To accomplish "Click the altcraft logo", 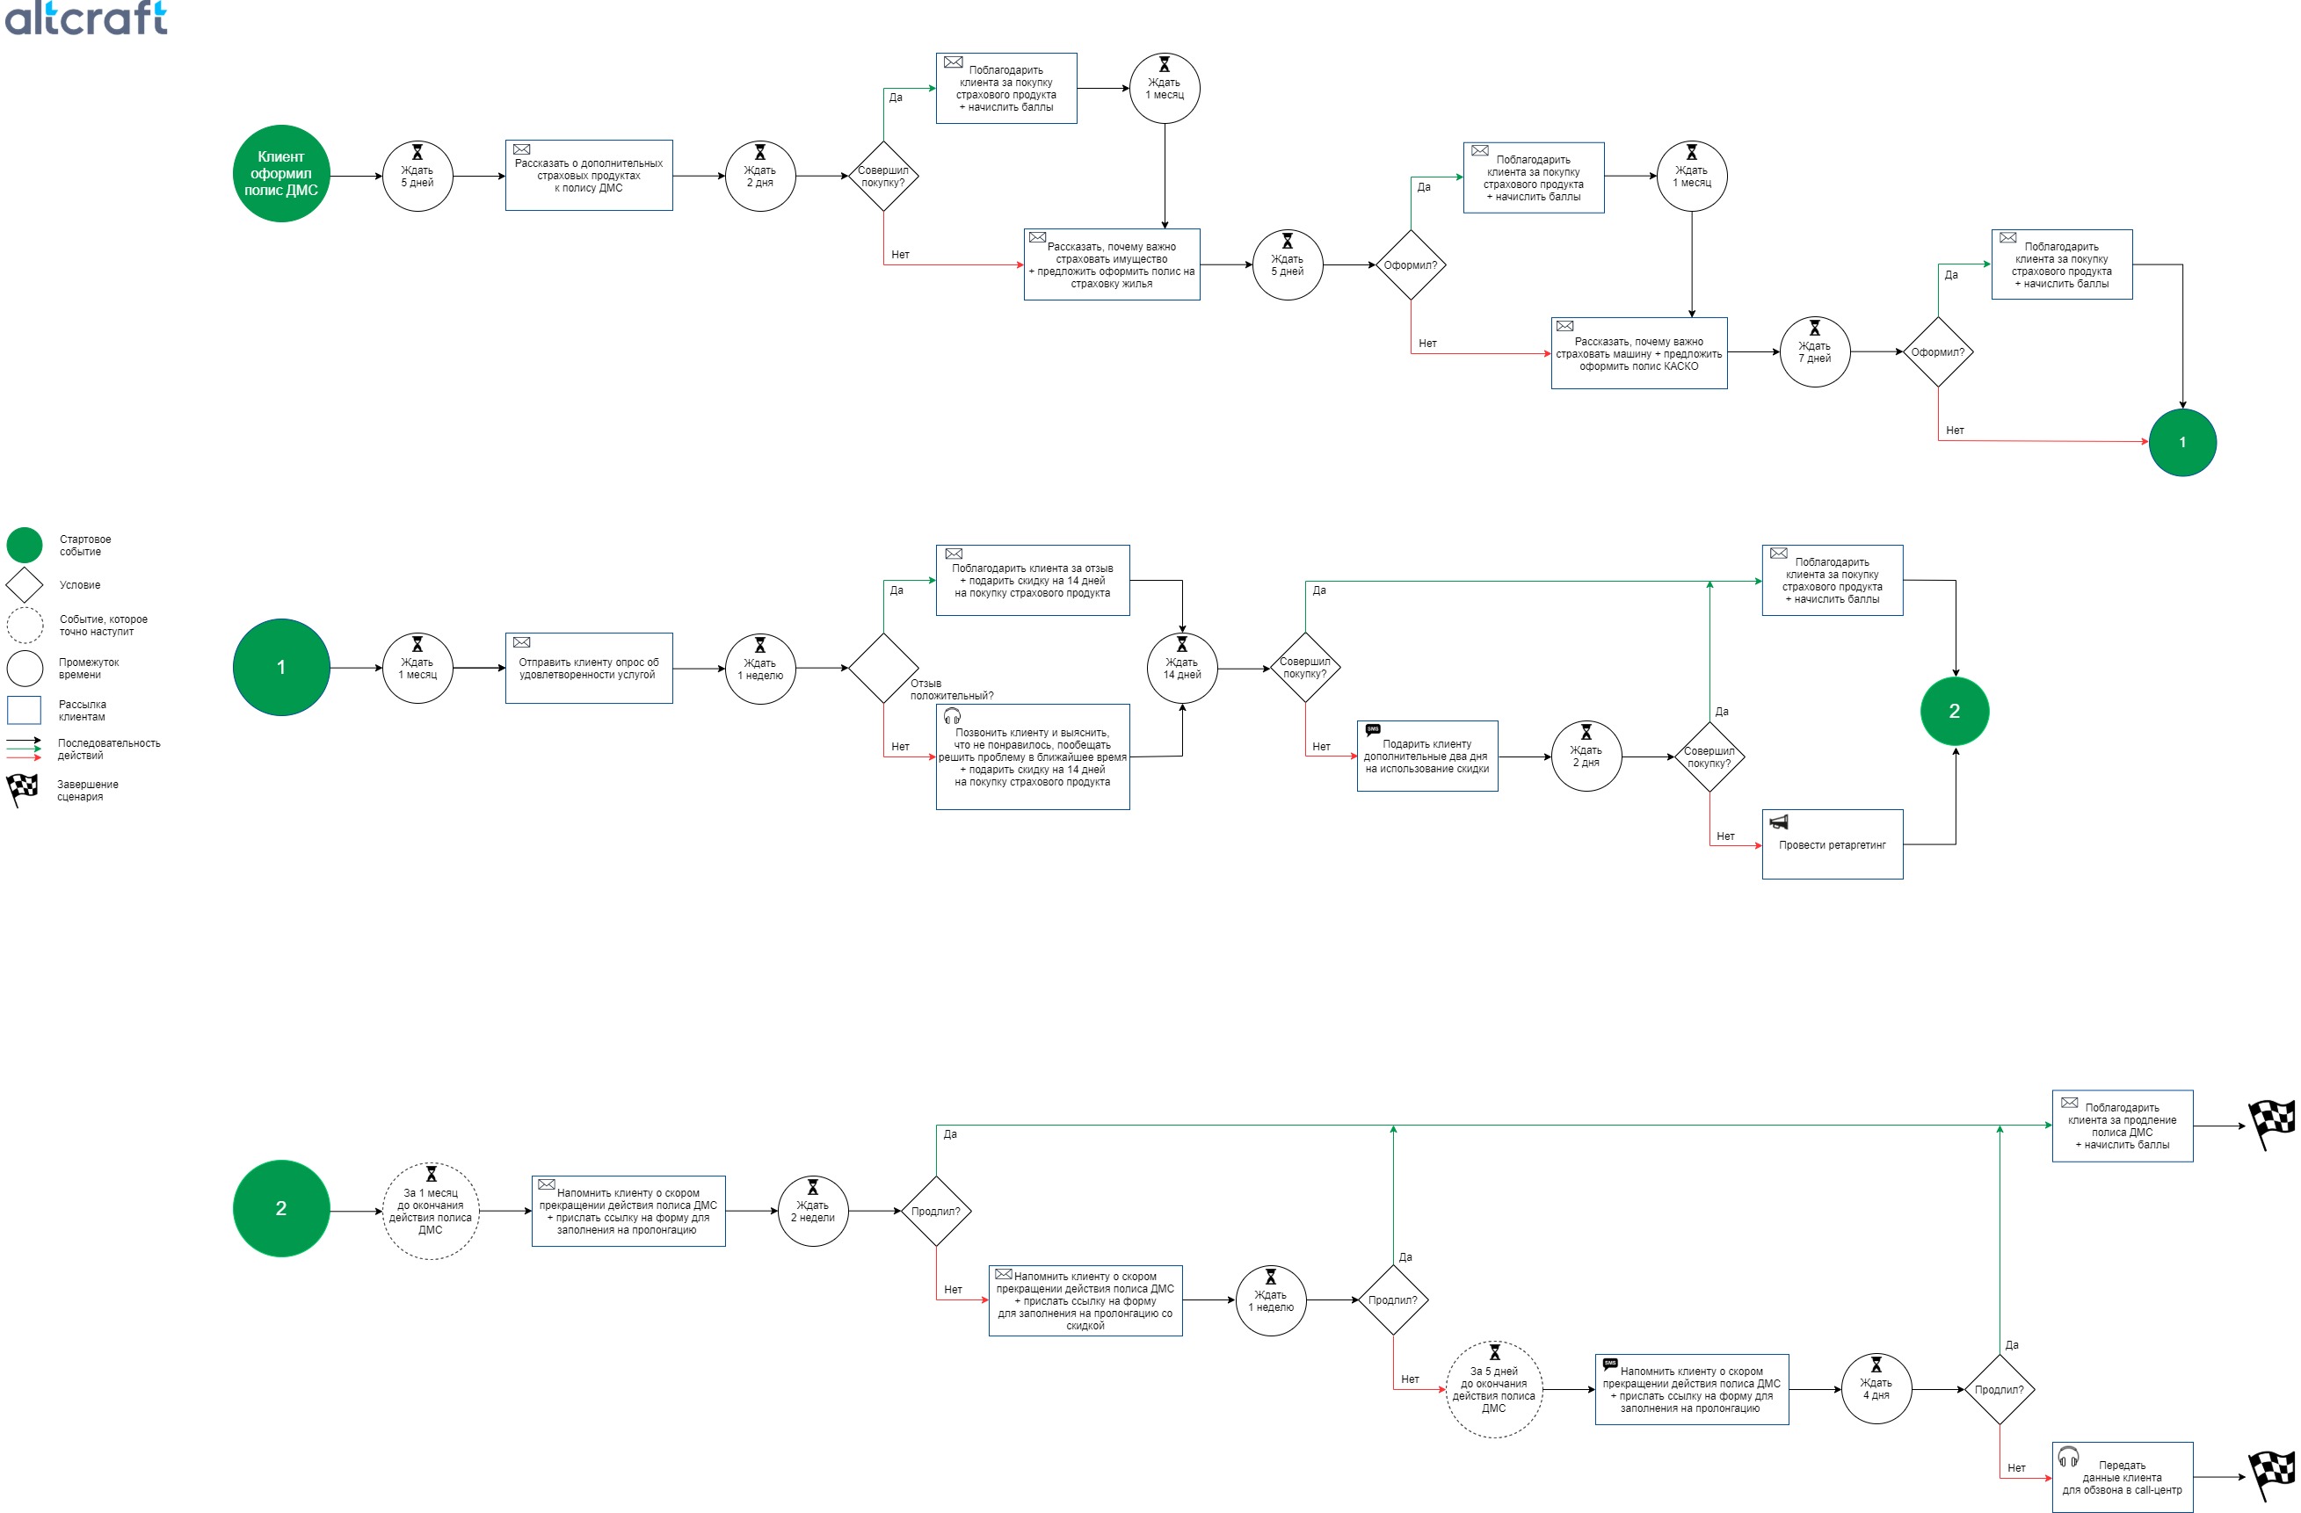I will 85,18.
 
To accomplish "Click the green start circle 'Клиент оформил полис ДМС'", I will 281,174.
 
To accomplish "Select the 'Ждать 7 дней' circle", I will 1814,353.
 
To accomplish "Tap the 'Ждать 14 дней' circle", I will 1181,668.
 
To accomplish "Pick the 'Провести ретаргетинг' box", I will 1832,844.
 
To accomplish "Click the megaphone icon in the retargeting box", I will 1778,822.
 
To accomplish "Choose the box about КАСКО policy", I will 1638,354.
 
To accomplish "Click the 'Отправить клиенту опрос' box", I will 589,668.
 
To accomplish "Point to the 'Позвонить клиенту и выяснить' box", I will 1033,757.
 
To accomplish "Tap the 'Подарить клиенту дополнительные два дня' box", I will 1427,756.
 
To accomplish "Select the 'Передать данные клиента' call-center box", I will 2122,1477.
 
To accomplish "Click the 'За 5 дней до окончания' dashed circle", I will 1494,1389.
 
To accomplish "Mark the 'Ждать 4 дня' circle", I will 1876,1389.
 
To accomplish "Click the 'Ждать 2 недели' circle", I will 812,1212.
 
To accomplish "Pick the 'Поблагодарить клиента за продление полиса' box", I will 2122,1126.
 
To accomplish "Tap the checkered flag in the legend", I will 22,790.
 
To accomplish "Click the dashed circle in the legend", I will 25,626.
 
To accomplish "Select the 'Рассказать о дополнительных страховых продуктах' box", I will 589,176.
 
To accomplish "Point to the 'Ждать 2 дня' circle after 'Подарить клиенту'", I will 1586,756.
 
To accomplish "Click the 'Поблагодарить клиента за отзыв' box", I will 1033,581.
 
